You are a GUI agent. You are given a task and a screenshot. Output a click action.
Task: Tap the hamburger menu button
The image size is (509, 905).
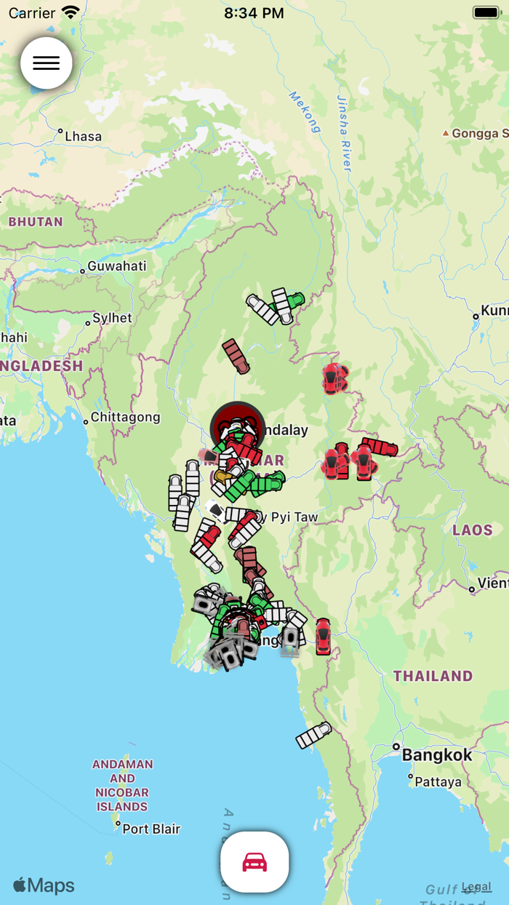(47, 63)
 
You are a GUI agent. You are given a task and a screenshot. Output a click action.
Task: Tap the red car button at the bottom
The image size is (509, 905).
(254, 862)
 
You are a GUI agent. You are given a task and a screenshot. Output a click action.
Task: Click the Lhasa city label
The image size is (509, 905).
(83, 136)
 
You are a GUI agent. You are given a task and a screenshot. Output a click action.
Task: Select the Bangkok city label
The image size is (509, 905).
(437, 754)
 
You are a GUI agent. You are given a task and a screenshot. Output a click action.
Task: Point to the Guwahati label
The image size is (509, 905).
(116, 266)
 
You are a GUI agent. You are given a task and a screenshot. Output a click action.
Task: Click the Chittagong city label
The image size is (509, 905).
(125, 418)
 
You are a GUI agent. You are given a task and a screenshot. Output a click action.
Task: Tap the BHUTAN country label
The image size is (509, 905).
(36, 222)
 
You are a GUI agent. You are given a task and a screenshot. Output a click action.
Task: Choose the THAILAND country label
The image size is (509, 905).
(433, 676)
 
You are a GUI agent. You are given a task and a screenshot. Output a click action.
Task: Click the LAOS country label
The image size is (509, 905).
(473, 530)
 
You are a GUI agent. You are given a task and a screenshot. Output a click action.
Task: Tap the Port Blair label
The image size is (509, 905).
(151, 829)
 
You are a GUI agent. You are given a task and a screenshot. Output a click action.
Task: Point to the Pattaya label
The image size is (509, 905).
(438, 782)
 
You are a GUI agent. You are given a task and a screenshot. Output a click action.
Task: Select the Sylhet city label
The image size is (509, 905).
(112, 318)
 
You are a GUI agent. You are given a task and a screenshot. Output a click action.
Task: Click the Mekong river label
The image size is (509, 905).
(305, 112)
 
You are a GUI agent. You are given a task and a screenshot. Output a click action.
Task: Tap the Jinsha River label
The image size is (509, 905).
(344, 133)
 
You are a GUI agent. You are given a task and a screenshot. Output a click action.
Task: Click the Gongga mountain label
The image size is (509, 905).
(478, 133)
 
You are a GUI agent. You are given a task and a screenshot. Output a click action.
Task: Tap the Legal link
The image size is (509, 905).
(476, 887)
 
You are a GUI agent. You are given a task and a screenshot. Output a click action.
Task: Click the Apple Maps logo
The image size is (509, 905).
(44, 885)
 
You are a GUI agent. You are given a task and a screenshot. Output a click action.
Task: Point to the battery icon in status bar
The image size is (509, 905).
(486, 12)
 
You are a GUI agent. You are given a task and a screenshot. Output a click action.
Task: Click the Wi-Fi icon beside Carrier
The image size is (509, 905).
(71, 12)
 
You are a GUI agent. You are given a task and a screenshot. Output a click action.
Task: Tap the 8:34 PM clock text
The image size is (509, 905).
(254, 13)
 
